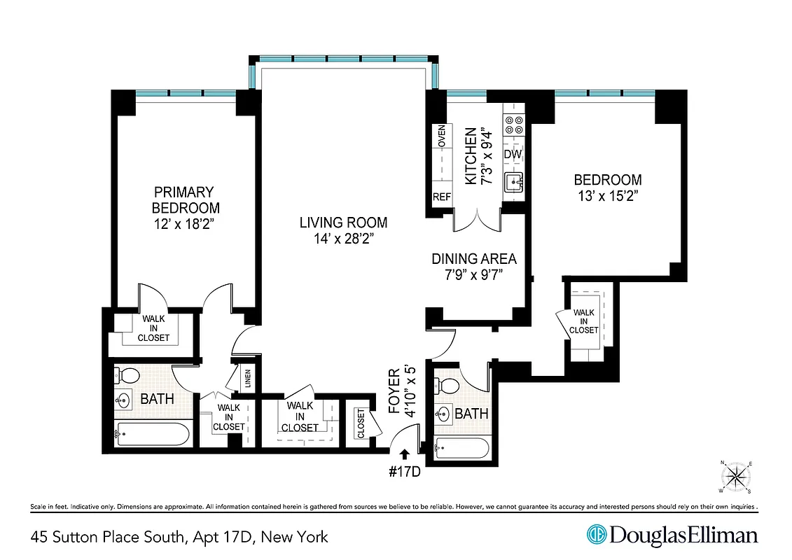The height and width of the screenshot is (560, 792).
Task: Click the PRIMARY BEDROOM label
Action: pyautogui.click(x=186, y=199)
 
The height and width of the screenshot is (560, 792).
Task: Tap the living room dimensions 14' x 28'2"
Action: pyautogui.click(x=343, y=239)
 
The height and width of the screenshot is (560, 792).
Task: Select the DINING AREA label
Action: pyautogui.click(x=474, y=259)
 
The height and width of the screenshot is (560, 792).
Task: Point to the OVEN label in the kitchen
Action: pyautogui.click(x=442, y=136)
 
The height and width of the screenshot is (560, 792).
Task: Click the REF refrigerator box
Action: pyautogui.click(x=442, y=197)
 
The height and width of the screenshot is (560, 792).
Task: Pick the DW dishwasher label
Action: pyautogui.click(x=513, y=154)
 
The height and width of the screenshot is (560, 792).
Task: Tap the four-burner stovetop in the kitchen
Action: pyautogui.click(x=514, y=124)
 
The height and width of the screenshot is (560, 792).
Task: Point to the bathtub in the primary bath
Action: pyautogui.click(x=152, y=434)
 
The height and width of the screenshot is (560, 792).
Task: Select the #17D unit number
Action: pyautogui.click(x=403, y=471)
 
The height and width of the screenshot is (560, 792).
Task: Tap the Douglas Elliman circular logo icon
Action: pyautogui.click(x=596, y=535)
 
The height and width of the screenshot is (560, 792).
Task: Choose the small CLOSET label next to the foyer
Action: pyautogui.click(x=361, y=423)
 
